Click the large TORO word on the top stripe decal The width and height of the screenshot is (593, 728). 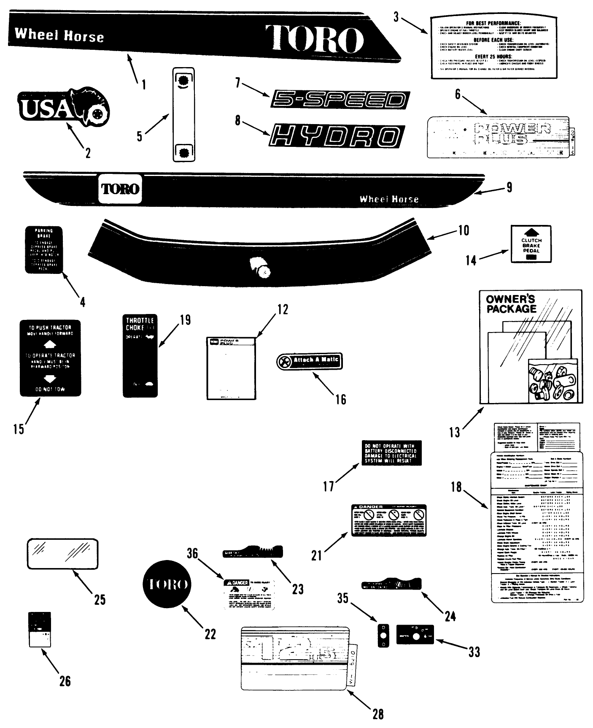314,38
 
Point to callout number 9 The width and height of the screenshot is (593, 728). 509,187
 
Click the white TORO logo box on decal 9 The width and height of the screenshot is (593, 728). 120,188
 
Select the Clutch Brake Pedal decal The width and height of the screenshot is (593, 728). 531,244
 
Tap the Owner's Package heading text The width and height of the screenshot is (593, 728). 510,304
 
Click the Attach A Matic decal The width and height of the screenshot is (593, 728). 310,361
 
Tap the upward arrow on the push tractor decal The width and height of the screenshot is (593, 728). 50,344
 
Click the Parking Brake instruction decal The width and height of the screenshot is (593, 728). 44,249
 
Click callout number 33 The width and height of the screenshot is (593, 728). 474,652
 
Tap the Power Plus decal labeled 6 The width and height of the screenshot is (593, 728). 498,137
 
